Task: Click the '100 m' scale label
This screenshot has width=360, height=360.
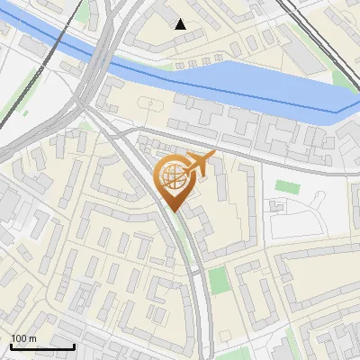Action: pos(23,337)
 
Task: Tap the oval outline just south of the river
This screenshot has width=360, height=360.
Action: pos(147,103)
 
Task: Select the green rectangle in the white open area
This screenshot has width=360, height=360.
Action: pos(286,187)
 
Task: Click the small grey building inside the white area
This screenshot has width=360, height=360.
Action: pos(276,208)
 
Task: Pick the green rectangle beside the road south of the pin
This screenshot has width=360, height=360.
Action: pos(219,280)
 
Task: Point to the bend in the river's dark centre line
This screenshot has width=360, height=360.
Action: pos(337,112)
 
